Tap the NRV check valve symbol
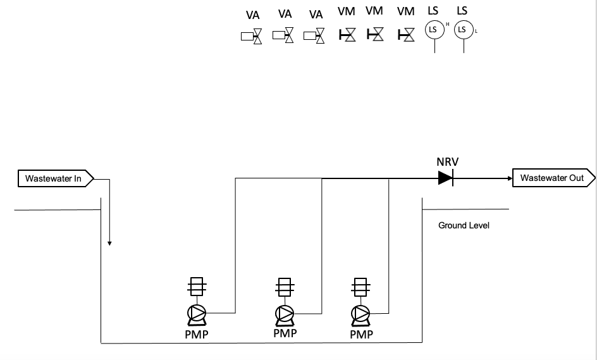446,178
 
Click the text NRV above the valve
447,162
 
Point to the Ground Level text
464,225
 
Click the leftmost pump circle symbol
197,313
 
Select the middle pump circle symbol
284,313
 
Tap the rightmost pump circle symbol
361,313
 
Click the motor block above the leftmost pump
197,288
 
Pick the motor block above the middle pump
284,288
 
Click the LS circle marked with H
434,30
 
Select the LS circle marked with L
463,30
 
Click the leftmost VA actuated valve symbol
252,37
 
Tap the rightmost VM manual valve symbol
407,35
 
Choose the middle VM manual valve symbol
376,35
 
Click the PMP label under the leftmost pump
196,334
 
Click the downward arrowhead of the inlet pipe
110,242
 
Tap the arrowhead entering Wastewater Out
508,178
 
